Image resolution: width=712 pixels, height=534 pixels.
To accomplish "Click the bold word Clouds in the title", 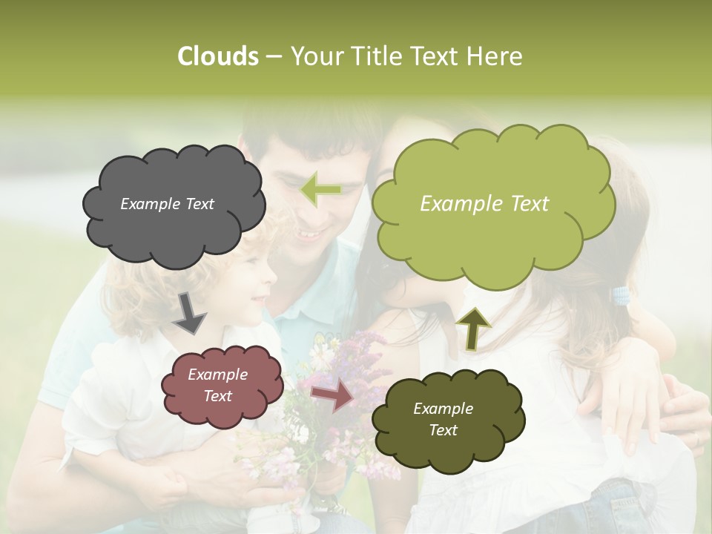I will pos(218,56).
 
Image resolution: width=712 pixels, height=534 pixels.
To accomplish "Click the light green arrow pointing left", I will pos(320,189).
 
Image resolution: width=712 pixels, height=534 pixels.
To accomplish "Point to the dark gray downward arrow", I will pos(189,313).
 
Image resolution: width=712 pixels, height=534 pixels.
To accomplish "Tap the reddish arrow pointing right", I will pos(332,396).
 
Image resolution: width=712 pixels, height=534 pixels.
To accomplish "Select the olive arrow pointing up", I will pos(474,327).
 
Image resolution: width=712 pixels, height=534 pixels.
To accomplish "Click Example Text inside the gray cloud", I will pos(167,203).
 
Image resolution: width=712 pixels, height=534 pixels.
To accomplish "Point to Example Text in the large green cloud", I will pos(484,203).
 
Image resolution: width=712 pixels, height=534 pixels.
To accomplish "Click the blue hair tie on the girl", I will pos(620,297).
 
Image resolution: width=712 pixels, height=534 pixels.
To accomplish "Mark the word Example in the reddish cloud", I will pos(217,375).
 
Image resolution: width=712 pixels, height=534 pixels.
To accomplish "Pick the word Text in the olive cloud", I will pos(443,430).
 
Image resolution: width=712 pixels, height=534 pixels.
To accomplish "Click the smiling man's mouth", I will pos(309,236).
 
